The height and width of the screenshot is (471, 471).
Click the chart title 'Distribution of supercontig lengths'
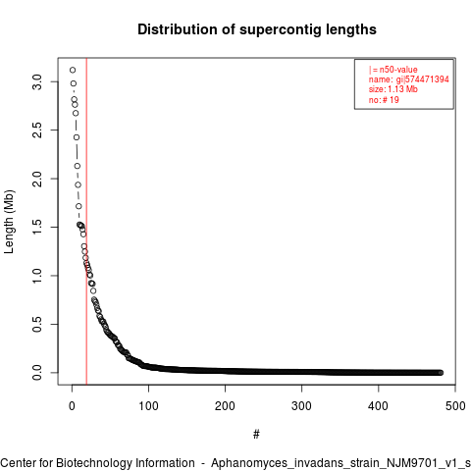click(257, 29)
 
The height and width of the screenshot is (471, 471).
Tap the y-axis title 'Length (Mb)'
click(9, 222)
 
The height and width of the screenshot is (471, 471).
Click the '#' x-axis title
click(256, 434)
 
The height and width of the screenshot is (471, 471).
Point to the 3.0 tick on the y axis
click(37, 81)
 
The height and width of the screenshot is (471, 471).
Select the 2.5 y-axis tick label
click(37, 131)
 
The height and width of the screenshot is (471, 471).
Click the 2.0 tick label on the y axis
click(37, 179)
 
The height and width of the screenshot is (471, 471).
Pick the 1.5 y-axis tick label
click(37, 227)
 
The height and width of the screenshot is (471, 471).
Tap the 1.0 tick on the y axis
click(37, 276)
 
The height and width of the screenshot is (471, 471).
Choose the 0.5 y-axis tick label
click(37, 324)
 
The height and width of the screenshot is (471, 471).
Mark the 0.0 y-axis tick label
click(37, 373)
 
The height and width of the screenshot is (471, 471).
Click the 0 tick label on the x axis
click(72, 406)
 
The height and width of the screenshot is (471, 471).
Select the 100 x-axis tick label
click(148, 406)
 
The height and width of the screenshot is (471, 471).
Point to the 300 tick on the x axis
click(301, 406)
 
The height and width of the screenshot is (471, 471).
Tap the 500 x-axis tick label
click(455, 406)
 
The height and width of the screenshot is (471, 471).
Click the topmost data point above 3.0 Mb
click(73, 70)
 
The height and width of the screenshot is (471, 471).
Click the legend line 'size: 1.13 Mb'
click(393, 89)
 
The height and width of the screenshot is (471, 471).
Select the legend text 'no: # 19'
click(384, 99)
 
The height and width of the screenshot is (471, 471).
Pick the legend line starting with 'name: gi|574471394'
click(409, 79)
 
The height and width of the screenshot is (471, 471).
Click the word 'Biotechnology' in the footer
click(94, 463)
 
